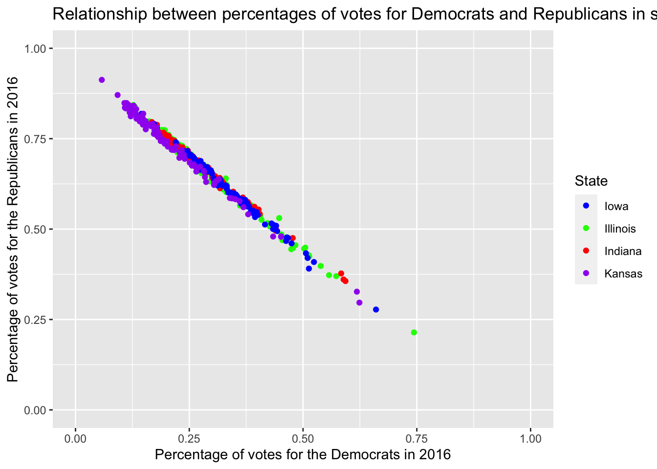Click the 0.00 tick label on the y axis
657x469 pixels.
[x=35, y=410]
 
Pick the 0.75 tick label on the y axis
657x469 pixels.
[x=35, y=139]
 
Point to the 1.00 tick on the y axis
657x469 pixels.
[x=35, y=48]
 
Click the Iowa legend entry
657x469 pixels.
[x=616, y=206]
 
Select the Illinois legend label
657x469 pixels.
[x=620, y=229]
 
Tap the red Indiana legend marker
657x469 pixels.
[x=586, y=251]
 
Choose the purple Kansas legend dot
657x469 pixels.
[x=586, y=274]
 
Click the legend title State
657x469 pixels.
[x=591, y=181]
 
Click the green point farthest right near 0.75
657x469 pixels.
[x=414, y=333]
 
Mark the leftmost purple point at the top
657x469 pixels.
[x=102, y=80]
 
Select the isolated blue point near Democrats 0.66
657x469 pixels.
[x=376, y=310]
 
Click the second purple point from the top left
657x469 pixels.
[x=117, y=95]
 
